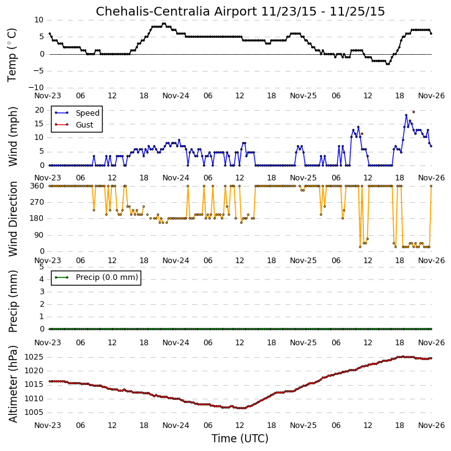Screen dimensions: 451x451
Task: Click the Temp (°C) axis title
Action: [12, 55]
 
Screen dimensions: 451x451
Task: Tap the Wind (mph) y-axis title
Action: [12, 137]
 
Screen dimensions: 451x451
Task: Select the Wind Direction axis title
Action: [12, 219]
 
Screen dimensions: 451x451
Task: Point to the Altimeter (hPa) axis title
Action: [12, 384]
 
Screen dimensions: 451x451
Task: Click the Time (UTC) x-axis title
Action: [240, 439]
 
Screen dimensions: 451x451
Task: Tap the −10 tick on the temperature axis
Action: [35, 88]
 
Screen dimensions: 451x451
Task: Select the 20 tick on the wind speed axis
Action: [39, 110]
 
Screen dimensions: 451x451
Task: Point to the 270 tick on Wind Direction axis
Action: [37, 202]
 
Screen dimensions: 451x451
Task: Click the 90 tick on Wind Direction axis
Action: [40, 235]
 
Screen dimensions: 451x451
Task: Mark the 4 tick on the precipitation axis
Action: [42, 279]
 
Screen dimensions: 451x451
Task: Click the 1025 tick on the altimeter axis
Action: [34, 357]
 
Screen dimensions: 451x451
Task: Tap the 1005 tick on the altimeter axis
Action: [34, 412]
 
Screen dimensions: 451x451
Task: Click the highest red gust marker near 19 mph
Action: [414, 112]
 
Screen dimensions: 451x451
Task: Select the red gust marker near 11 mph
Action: [362, 134]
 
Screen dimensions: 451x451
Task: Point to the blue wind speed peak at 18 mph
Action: [406, 115]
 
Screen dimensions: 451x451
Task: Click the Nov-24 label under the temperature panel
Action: [176, 96]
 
